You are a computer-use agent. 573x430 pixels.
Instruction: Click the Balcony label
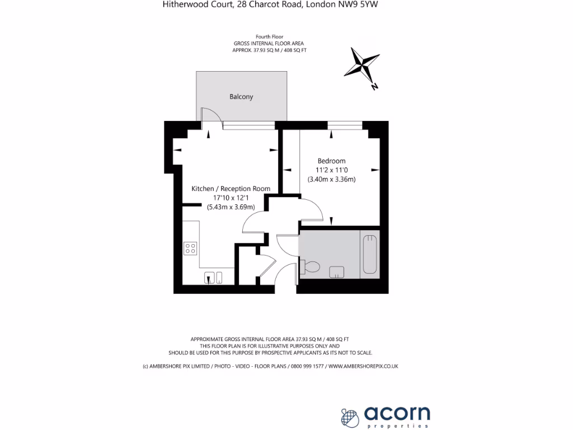[x=241, y=97]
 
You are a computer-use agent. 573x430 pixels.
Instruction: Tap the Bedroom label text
[x=332, y=161]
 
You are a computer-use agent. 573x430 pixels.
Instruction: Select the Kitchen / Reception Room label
[x=231, y=189]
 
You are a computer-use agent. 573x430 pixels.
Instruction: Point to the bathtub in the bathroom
[x=370, y=255]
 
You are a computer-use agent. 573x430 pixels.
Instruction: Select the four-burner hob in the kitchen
[x=190, y=248]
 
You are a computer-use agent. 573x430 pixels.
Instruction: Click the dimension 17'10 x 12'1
[x=231, y=198]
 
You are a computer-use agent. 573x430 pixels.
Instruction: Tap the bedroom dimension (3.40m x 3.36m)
[x=332, y=180]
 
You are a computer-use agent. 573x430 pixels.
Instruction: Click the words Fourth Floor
[x=270, y=36]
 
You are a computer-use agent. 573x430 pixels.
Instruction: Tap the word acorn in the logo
[x=397, y=413]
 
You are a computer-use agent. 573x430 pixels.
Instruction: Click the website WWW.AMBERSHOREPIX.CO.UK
[x=363, y=366]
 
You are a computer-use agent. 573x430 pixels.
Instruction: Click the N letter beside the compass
[x=374, y=86]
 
